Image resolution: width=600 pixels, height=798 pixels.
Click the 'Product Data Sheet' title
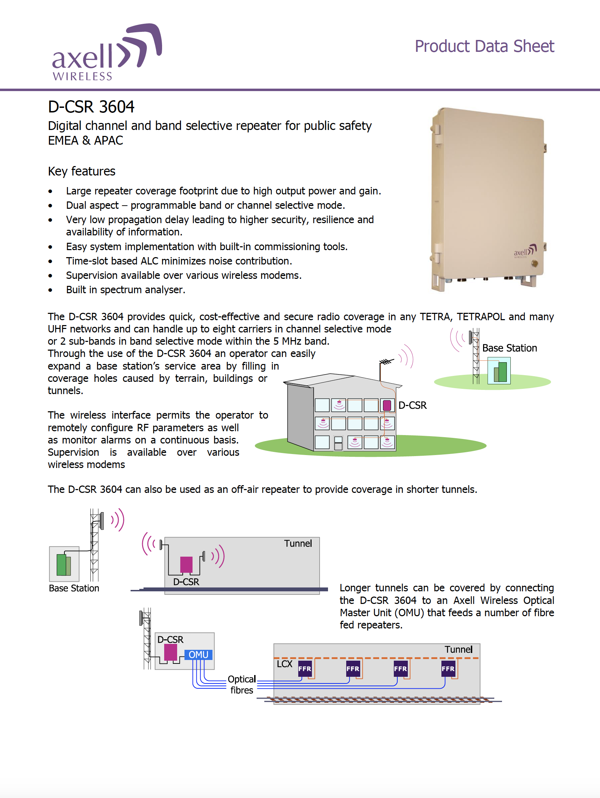click(x=484, y=47)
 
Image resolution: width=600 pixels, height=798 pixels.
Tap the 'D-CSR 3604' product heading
click(x=91, y=107)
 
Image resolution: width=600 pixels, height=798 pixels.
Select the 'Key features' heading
click(x=82, y=171)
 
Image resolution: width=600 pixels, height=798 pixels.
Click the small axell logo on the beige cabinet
click(x=525, y=251)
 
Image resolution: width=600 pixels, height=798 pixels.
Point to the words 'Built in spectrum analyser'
click(x=125, y=290)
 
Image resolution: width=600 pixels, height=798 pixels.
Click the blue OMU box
click(x=198, y=654)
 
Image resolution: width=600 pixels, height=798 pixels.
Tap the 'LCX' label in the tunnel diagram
click(x=284, y=664)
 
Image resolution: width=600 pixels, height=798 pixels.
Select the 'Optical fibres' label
click(x=242, y=685)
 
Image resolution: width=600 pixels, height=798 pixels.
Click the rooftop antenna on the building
click(x=386, y=362)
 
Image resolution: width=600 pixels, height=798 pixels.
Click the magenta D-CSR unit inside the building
click(x=387, y=405)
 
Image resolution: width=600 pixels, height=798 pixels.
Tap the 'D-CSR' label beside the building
click(x=412, y=405)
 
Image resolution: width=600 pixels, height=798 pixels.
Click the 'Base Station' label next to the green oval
click(x=509, y=348)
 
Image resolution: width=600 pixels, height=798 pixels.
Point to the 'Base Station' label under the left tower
click(x=74, y=588)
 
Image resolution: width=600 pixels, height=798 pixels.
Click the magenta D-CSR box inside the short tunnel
click(x=186, y=565)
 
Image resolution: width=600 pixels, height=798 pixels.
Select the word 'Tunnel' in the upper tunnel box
click(x=298, y=543)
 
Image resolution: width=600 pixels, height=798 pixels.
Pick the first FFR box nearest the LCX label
click(x=305, y=668)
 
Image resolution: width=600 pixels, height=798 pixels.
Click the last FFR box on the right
click(x=448, y=668)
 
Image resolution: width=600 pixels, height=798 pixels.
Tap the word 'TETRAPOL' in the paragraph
click(x=480, y=316)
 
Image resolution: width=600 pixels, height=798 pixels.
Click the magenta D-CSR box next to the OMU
click(x=170, y=652)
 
